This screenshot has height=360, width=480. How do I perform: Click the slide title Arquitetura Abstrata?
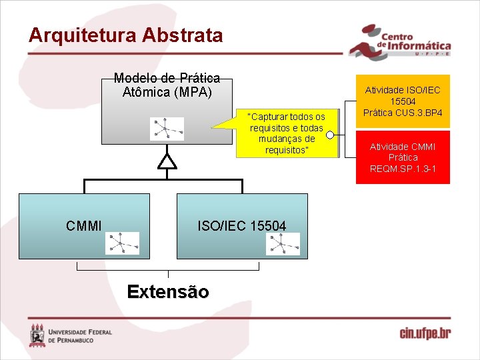(125, 35)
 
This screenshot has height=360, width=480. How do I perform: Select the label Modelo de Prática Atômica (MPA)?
(167, 85)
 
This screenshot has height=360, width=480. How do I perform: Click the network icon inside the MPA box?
(167, 129)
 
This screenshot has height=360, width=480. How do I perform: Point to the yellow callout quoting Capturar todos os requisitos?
(287, 133)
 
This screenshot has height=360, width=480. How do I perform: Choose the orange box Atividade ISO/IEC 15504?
(403, 101)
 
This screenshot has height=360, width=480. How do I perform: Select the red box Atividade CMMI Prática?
(403, 157)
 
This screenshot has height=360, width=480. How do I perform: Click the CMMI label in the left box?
(84, 226)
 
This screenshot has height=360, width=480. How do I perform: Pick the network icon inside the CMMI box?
(122, 243)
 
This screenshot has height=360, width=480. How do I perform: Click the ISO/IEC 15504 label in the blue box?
(241, 226)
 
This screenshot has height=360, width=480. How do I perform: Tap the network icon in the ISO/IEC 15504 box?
(283, 243)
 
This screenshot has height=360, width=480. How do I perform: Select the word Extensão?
(167, 292)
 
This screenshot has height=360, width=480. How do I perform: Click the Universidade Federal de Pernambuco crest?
(37, 335)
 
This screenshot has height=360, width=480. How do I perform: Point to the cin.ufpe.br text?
(425, 333)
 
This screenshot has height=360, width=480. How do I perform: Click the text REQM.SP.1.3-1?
(403, 169)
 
